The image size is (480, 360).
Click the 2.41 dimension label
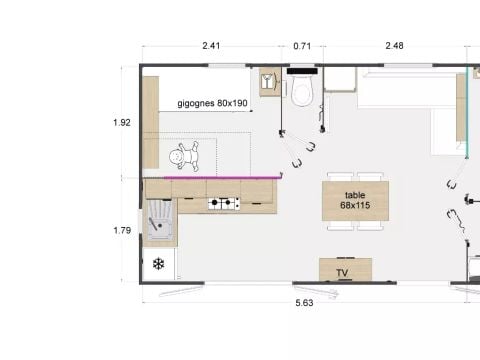(x=211, y=45)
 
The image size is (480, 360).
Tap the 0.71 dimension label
(x=302, y=46)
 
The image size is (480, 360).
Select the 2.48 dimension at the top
(x=394, y=45)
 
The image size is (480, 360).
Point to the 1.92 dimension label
(x=122, y=123)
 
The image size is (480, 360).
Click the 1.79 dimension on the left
(x=122, y=230)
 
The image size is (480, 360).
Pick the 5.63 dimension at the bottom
(x=304, y=303)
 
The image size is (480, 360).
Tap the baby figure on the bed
(x=184, y=156)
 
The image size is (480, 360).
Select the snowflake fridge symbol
(x=159, y=264)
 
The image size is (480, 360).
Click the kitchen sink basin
(x=160, y=219)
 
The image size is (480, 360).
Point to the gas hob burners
(x=224, y=203)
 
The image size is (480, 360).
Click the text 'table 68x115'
(x=355, y=200)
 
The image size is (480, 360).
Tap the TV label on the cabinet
(x=342, y=273)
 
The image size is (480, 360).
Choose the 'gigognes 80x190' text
(x=212, y=103)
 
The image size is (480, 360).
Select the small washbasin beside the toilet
(x=270, y=82)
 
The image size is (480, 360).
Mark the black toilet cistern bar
(x=302, y=71)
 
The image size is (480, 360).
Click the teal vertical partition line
(x=467, y=112)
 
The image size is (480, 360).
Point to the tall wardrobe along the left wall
(x=151, y=122)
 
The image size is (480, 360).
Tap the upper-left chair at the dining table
(x=340, y=177)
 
